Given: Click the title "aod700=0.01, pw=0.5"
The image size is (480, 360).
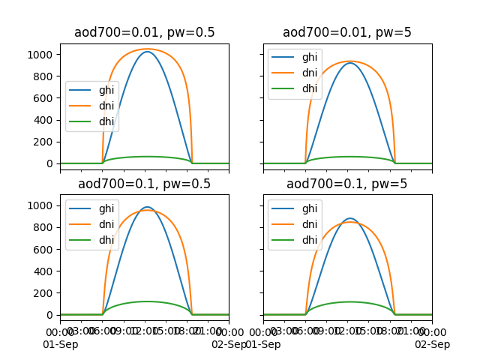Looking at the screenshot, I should point(145,33).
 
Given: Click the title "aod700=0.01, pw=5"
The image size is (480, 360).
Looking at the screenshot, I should point(347,33).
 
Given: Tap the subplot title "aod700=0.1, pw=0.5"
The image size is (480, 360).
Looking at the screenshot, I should point(145,184).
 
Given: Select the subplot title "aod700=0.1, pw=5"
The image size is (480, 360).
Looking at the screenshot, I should point(347,184).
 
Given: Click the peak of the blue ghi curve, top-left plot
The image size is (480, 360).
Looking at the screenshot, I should point(147,52).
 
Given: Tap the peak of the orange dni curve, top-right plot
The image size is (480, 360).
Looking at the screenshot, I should point(347,61).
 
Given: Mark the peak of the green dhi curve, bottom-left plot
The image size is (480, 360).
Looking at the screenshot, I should point(147,301).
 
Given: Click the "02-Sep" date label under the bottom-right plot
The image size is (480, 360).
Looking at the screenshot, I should point(433,345).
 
